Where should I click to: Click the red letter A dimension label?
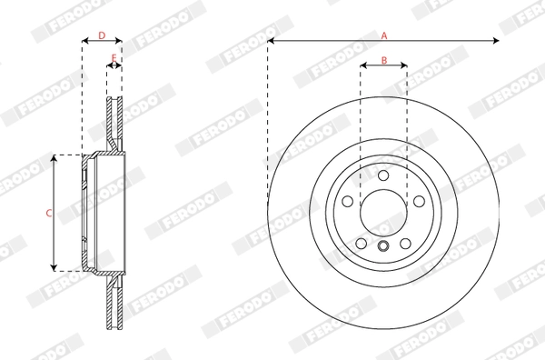(x=384, y=35)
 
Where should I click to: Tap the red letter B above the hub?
(x=384, y=61)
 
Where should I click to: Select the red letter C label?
(x=49, y=213)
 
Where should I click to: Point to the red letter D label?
(x=102, y=35)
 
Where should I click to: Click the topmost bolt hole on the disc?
(x=383, y=175)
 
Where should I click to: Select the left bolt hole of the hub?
(x=348, y=201)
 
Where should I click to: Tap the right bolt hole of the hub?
(x=419, y=201)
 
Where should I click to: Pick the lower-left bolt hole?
(x=362, y=244)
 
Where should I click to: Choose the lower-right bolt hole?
(x=405, y=244)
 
